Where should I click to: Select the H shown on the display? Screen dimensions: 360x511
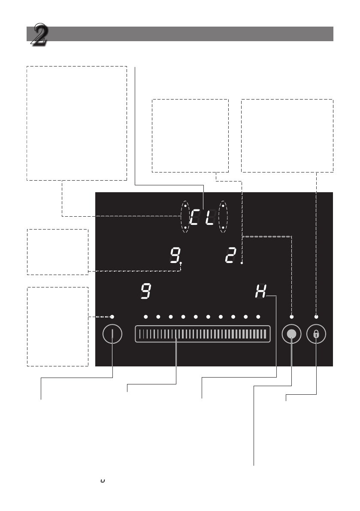tap(260, 291)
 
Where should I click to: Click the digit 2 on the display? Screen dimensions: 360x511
tap(230, 255)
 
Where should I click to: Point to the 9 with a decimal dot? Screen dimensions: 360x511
tap(175, 255)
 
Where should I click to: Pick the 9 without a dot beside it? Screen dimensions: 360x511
tap(145, 291)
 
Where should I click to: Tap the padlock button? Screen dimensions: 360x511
tap(316, 334)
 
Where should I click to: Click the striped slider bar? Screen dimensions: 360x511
tap(203, 334)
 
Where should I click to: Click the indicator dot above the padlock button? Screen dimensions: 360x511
tap(316, 317)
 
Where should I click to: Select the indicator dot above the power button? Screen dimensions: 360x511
tap(112, 317)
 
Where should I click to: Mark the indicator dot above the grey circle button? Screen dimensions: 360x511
tap(292, 317)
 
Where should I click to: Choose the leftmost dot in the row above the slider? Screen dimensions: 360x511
tap(145, 317)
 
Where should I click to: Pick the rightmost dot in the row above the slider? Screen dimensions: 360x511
tap(258, 317)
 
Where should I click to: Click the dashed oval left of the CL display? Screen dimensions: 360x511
tap(181, 217)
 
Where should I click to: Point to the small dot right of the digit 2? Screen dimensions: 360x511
tap(242, 263)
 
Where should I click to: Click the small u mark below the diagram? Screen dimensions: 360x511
tap(103, 481)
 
